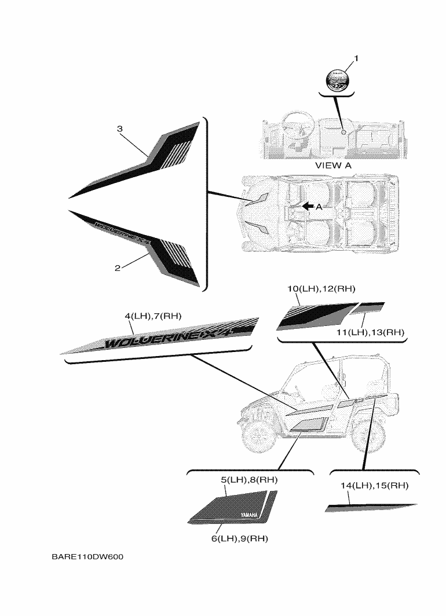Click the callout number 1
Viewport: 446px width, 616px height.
(356, 58)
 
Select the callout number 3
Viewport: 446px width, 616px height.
(119, 129)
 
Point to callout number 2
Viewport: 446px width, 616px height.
(117, 268)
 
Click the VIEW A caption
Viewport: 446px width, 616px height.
(333, 165)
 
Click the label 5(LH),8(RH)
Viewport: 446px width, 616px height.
(248, 479)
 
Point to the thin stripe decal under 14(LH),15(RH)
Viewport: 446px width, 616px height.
(371, 508)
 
